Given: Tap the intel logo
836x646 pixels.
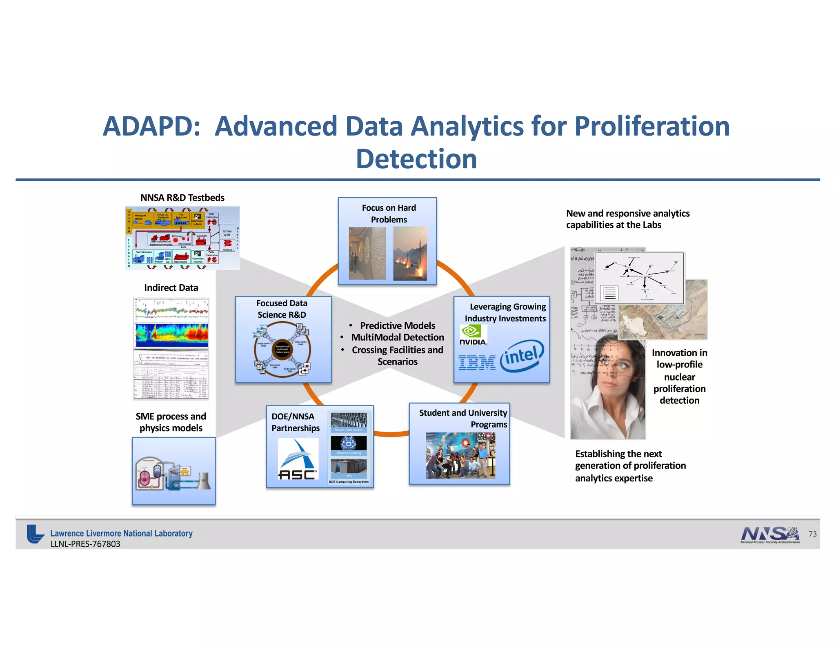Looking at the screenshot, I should [x=522, y=356].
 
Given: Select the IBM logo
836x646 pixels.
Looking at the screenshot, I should [x=477, y=363].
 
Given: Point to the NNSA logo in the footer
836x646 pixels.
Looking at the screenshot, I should [x=769, y=535].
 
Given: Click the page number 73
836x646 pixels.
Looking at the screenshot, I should [x=812, y=534].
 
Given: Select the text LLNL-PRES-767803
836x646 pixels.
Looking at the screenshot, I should [x=85, y=544].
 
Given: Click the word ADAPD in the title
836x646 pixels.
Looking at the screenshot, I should [x=151, y=126].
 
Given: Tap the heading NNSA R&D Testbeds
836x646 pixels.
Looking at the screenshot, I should [x=182, y=198].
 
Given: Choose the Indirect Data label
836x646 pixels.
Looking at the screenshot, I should [x=171, y=288].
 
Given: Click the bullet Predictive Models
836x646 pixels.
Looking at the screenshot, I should [x=397, y=325].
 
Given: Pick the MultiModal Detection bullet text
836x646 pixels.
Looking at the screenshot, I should [x=397, y=337].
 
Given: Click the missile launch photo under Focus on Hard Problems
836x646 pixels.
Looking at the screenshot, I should [x=410, y=254].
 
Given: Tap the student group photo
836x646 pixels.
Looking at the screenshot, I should [x=460, y=455].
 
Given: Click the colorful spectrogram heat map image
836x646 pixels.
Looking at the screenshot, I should [x=171, y=335].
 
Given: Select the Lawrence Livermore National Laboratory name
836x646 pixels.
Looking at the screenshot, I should [x=121, y=533].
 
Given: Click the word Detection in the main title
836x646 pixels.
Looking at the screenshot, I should [x=416, y=159].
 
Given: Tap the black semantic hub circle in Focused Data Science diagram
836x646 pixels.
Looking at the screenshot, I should [x=282, y=349].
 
